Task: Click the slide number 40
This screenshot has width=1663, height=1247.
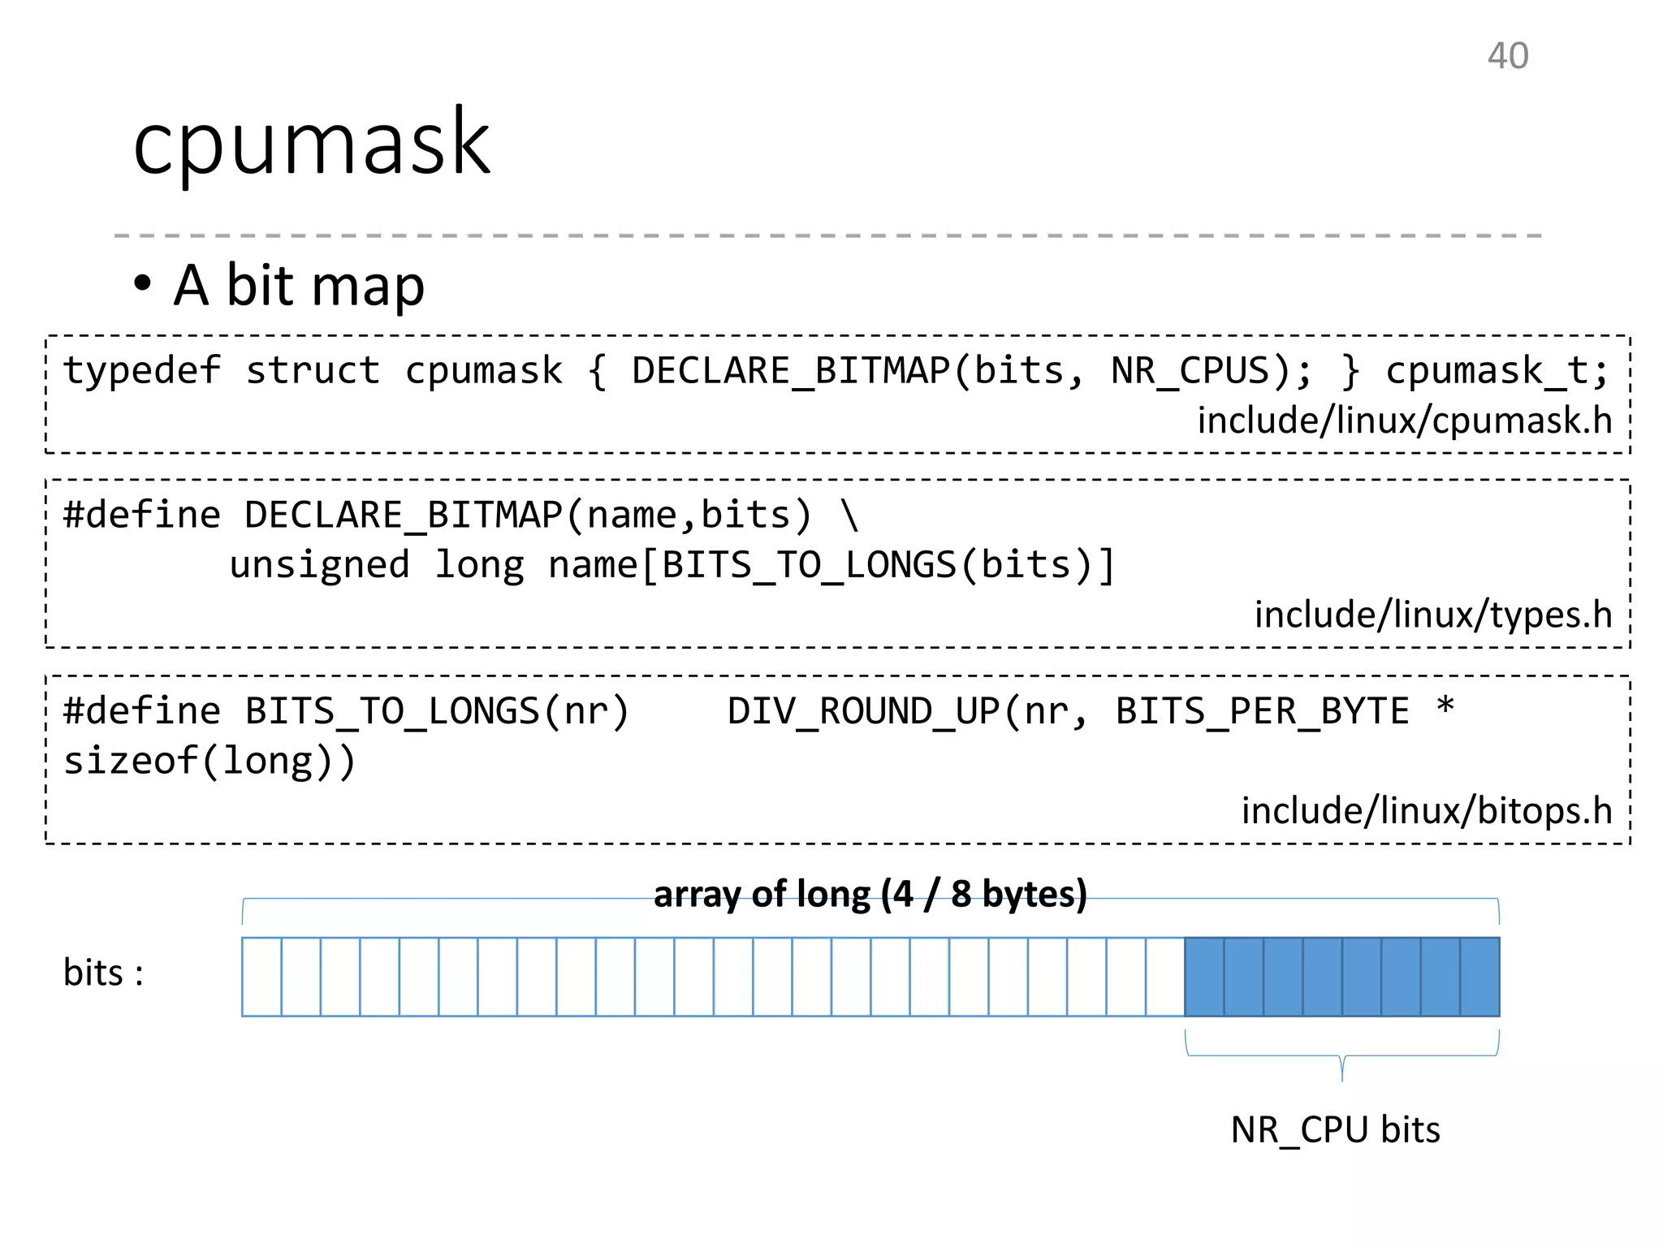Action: pyautogui.click(x=1507, y=57)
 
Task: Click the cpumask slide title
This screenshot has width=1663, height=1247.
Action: pyautogui.click(x=312, y=145)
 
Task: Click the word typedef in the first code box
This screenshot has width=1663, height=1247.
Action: pyautogui.click(x=141, y=371)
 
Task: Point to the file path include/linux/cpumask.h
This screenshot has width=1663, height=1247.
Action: pyautogui.click(x=1404, y=421)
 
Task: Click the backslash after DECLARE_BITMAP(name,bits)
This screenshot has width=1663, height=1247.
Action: pyautogui.click(x=849, y=516)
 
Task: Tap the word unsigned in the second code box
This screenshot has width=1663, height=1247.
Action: pyautogui.click(x=319, y=565)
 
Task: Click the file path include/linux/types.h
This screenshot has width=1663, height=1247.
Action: pyautogui.click(x=1432, y=615)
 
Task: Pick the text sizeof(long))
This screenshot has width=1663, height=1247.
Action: pyautogui.click(x=209, y=762)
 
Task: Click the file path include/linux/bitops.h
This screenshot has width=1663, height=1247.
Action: pyautogui.click(x=1426, y=811)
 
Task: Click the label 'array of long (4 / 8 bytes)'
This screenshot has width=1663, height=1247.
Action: pyautogui.click(x=870, y=894)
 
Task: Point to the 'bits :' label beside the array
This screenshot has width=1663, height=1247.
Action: pyautogui.click(x=103, y=973)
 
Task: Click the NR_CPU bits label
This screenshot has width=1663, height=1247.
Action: pyautogui.click(x=1334, y=1129)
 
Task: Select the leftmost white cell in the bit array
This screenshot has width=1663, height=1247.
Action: pyautogui.click(x=261, y=977)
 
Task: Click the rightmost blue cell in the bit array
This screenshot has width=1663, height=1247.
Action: pyautogui.click(x=1479, y=977)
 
